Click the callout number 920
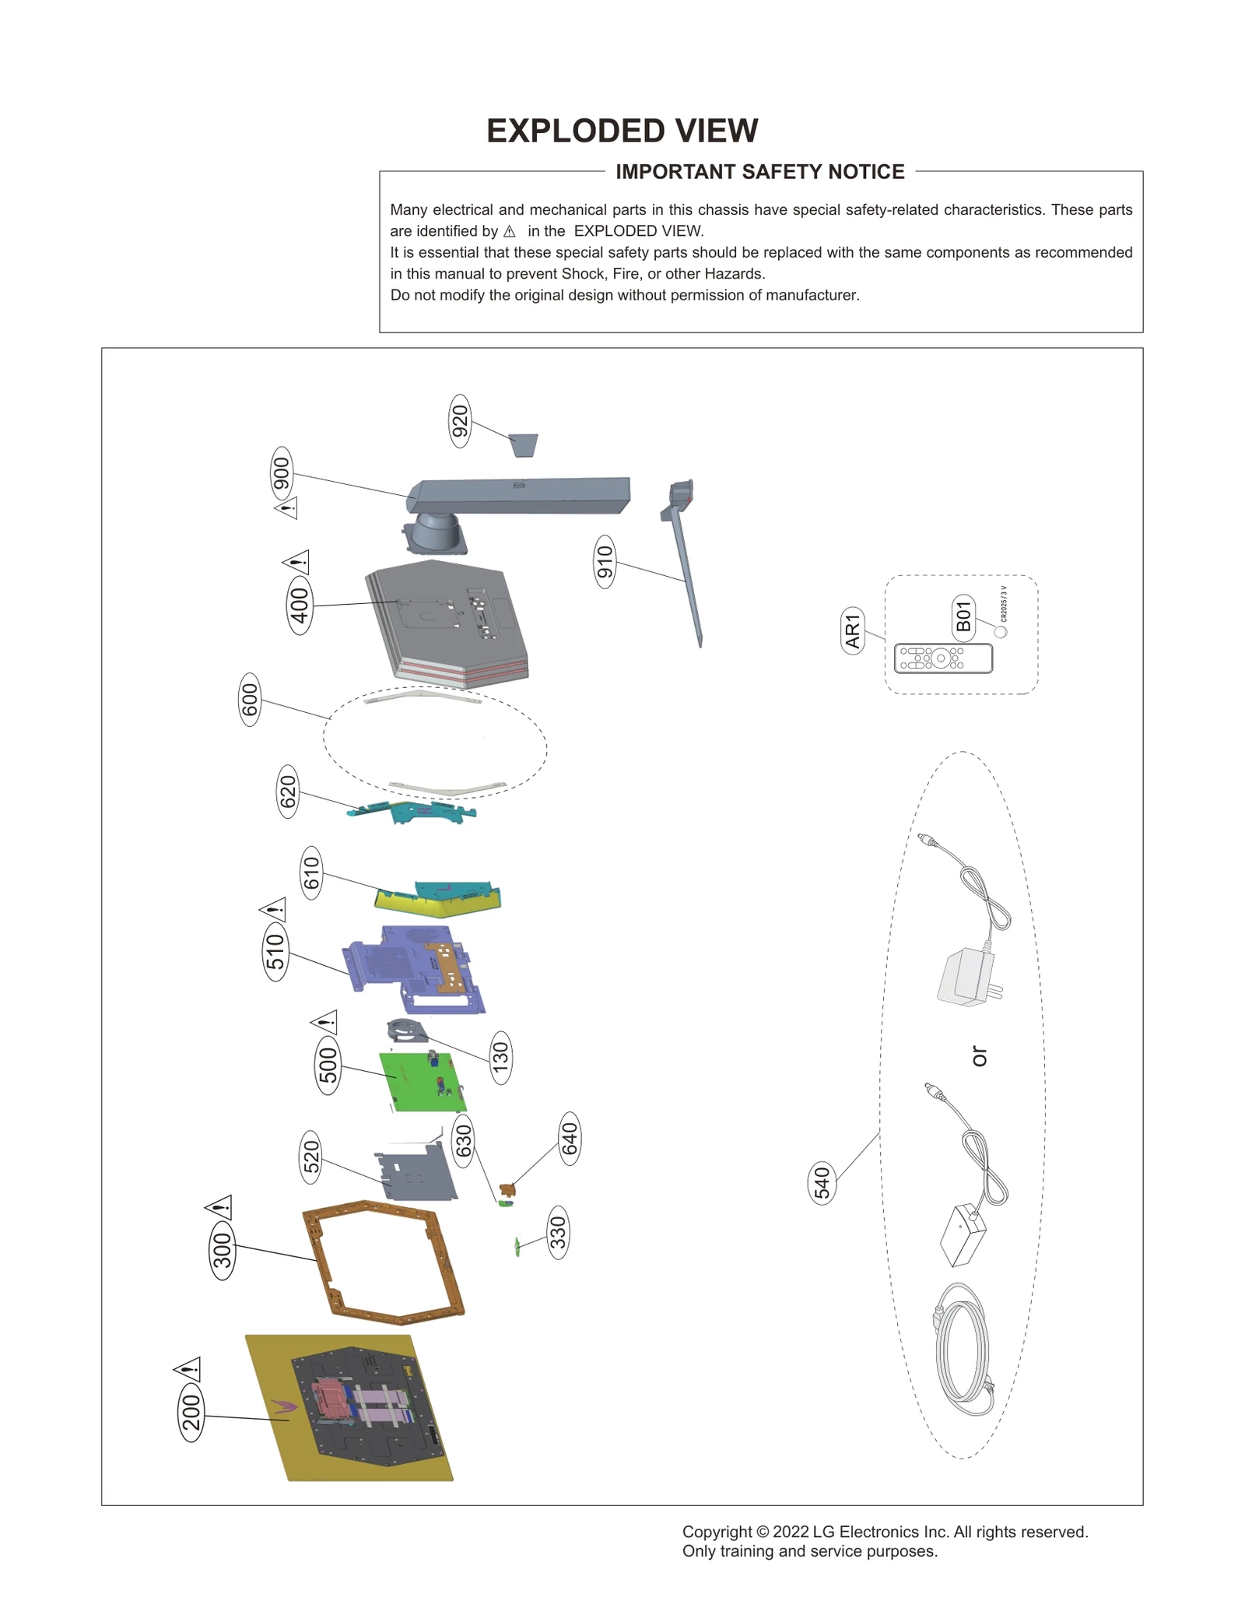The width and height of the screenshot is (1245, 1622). (460, 421)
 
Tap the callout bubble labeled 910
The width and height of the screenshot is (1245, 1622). (605, 561)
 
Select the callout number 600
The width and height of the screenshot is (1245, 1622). (249, 700)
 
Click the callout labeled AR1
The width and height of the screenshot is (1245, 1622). (853, 630)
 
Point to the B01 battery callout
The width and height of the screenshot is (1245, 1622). (963, 616)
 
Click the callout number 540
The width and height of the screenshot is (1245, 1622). (822, 1183)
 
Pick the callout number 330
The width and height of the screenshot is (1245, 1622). (558, 1233)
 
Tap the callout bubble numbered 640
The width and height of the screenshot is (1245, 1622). (570, 1139)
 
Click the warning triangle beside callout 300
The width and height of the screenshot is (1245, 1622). (219, 1207)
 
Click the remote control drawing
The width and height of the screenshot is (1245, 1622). (943, 658)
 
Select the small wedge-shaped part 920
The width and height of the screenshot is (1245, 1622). (524, 445)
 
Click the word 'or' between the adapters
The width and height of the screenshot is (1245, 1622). (979, 1056)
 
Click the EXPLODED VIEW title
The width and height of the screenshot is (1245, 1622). (622, 131)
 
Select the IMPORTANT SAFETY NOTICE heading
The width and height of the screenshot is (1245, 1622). (759, 172)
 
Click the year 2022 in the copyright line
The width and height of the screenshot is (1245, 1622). (791, 1532)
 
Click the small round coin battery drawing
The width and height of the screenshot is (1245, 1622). (1001, 632)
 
